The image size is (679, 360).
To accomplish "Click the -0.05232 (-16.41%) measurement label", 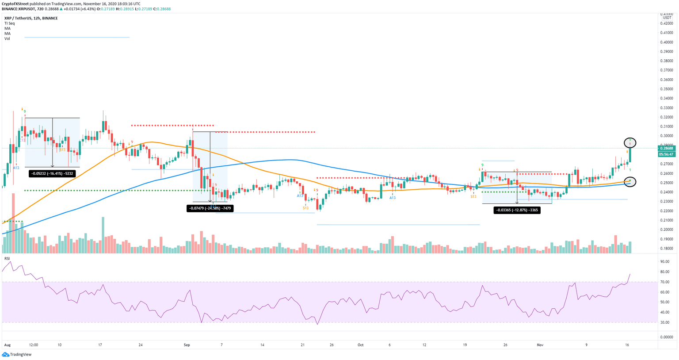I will click(x=52, y=174).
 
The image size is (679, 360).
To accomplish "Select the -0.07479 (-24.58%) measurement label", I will click(x=210, y=208).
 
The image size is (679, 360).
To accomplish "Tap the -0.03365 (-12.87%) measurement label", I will click(x=517, y=210).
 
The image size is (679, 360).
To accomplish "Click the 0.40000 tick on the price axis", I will click(x=666, y=42).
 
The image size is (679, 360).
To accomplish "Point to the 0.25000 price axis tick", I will click(x=666, y=183).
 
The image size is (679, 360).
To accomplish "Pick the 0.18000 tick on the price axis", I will click(x=666, y=248).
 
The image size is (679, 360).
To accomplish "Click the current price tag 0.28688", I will click(x=666, y=149).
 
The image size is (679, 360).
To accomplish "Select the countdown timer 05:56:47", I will click(x=666, y=154).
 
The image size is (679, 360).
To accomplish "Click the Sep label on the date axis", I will click(x=187, y=345).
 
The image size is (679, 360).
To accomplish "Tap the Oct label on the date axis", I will click(x=360, y=345).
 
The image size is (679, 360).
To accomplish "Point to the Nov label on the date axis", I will click(x=540, y=345).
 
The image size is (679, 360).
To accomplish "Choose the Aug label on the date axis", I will click(x=7, y=345).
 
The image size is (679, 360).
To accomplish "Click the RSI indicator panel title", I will click(x=7, y=258).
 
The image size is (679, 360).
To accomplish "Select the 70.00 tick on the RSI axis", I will click(x=664, y=282).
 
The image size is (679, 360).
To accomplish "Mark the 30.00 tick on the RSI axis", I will click(x=664, y=322).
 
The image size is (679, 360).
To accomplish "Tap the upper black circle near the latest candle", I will click(x=630, y=142).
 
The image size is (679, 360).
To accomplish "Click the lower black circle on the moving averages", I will click(x=630, y=181).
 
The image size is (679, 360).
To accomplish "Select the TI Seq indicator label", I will click(x=9, y=23).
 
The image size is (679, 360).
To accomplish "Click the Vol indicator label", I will click(x=7, y=38).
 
